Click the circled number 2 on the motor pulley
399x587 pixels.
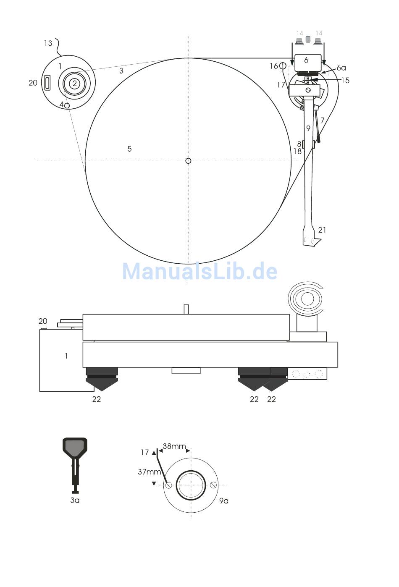click(x=75, y=84)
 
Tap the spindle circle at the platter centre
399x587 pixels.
click(x=188, y=161)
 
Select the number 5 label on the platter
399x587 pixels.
click(x=129, y=149)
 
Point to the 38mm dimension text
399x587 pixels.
click(x=174, y=446)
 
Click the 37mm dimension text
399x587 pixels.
click(x=150, y=472)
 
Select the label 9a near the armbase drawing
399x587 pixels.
click(x=223, y=501)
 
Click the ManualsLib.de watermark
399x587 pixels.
click(x=199, y=272)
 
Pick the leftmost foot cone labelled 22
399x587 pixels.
click(x=102, y=379)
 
